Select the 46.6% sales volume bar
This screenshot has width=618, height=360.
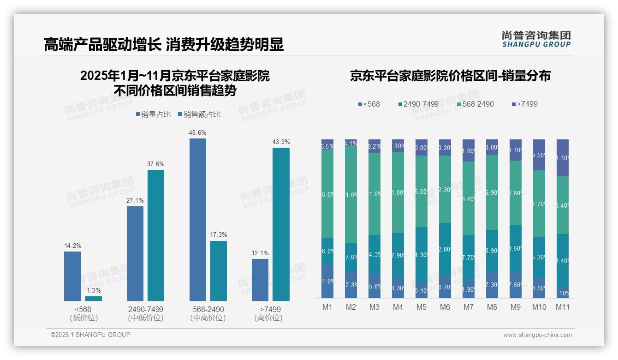pos(198,219)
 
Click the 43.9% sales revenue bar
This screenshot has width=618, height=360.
pos(281,224)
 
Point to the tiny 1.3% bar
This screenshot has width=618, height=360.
pos(94,299)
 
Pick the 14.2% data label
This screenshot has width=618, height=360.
pos(73,246)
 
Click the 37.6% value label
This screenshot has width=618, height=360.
pos(156,164)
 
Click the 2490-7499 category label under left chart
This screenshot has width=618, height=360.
pos(146,309)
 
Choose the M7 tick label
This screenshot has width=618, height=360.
pos(468,307)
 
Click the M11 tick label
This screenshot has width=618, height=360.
pos(562,307)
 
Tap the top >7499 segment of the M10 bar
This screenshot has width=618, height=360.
pos(539,155)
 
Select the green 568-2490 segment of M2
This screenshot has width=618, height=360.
pos(351,194)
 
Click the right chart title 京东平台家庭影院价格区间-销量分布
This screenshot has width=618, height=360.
pos(450,76)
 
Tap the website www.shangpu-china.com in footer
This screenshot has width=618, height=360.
pos(537,335)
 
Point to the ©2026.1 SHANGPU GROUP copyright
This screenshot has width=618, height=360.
pos(90,335)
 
